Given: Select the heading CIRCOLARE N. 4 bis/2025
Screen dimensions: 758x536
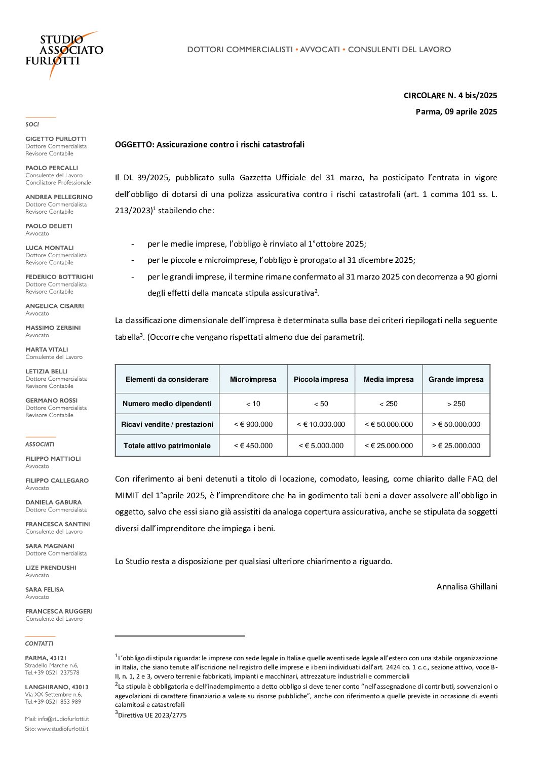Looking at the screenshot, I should tap(450, 95).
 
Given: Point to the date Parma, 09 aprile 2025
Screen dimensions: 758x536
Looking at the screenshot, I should tap(456, 111).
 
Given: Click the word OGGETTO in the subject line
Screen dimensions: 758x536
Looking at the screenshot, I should tap(134, 145).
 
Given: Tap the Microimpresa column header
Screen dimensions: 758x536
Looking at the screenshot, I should tap(253, 379).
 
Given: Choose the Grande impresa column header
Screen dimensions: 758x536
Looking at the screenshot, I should tap(456, 379).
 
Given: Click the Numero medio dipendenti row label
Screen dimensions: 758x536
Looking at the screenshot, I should tap(167, 404).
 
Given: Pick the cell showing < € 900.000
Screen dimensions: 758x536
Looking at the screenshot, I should tap(253, 424).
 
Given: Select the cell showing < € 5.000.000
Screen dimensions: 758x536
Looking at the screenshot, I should tap(321, 446).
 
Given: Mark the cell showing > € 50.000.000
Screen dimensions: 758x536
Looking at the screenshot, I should tap(456, 424).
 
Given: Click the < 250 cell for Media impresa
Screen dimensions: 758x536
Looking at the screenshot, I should tap(389, 404).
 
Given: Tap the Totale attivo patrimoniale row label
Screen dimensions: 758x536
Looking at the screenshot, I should tap(167, 446).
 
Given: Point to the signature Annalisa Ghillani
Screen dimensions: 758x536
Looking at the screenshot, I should tap(467, 586).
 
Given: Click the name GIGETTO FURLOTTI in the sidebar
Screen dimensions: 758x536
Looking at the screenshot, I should tap(56, 139).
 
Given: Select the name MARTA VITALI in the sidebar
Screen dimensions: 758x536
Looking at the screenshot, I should tap(47, 349).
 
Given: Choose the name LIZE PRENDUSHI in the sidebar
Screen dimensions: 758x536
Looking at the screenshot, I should tap(51, 568).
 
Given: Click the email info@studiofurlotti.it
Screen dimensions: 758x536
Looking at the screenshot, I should tap(63, 719).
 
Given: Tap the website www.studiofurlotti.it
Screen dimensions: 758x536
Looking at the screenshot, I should tap(62, 729).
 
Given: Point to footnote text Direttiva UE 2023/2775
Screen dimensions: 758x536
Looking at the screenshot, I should tap(152, 715).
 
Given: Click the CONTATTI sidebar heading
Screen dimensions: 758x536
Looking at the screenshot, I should tap(39, 644).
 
